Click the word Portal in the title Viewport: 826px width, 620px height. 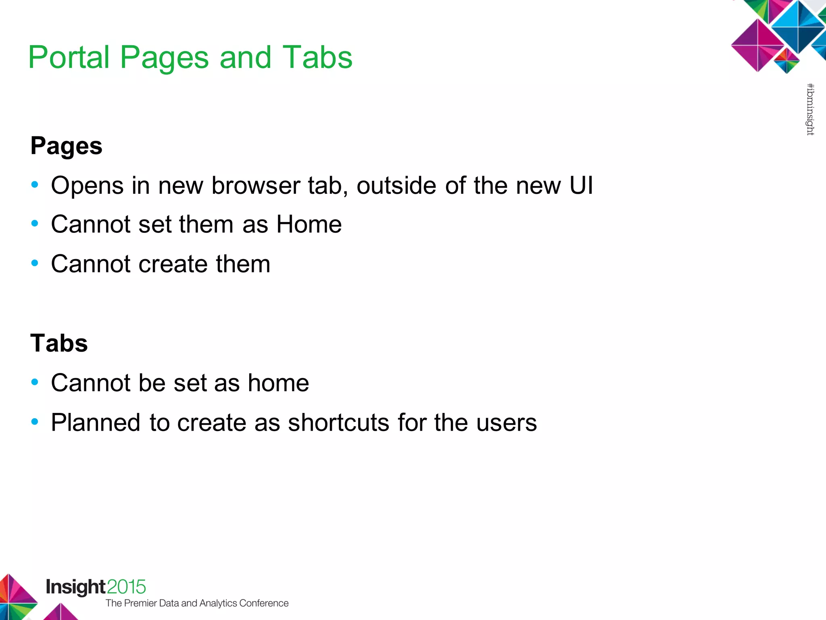69,58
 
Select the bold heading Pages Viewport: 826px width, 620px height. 66,146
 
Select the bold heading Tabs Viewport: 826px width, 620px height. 59,344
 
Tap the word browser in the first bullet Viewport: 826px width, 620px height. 256,186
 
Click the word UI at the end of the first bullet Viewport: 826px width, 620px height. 581,186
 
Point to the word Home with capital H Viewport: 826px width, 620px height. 309,224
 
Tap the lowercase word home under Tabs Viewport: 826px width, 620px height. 278,383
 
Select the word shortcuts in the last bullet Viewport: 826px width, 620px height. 338,423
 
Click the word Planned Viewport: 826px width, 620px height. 96,423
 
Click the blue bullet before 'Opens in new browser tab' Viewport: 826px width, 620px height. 35,185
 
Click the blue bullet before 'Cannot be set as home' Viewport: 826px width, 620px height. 35,382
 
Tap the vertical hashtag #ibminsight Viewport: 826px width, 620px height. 810,109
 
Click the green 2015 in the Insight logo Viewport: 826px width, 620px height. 126,587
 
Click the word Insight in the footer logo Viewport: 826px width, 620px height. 75,587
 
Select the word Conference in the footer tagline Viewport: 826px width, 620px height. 264,603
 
